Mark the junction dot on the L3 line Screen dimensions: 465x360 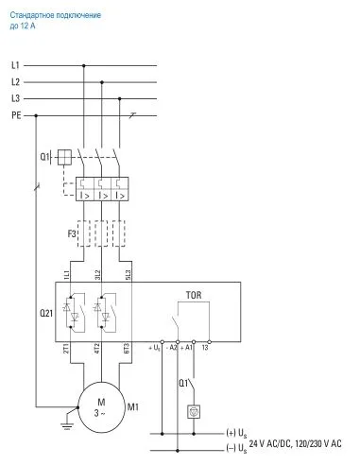point(117,98)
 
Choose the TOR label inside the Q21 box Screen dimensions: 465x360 point(192,295)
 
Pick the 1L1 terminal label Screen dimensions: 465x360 point(67,274)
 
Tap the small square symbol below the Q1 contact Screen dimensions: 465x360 point(194,412)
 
